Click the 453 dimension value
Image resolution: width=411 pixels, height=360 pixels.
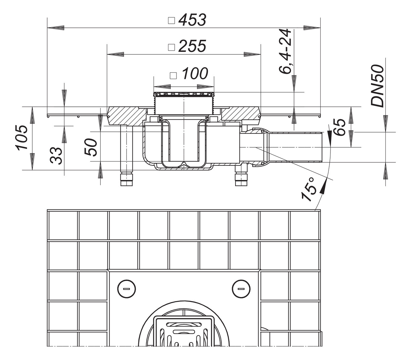pos(192,20)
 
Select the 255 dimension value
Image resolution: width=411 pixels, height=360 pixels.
pos(192,47)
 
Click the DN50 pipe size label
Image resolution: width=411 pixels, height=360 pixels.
pos(378,86)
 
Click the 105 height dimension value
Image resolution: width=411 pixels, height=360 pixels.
pos(23,138)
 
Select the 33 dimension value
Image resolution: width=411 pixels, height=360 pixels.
pos(56,155)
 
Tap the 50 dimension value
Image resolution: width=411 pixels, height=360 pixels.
pos(91,147)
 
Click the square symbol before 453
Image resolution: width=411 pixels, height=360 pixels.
pos(172,21)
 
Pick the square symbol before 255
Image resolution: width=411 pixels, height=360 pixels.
pos(172,47)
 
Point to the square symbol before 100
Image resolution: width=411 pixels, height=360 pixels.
pos(174,75)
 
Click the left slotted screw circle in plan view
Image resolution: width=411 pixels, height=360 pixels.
pos(127,289)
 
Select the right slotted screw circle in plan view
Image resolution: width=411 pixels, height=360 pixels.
pos(241,289)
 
